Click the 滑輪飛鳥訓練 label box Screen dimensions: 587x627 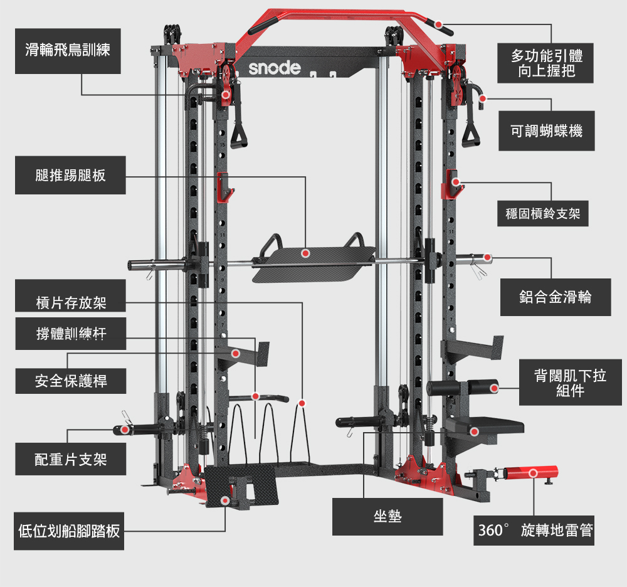click(68, 50)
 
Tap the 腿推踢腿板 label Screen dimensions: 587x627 click(70, 175)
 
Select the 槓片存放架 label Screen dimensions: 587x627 click(70, 304)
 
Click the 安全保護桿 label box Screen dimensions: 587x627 click(70, 381)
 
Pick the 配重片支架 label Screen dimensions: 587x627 click(70, 460)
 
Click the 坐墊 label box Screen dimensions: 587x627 click(387, 516)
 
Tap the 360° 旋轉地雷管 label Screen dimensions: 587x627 click(534, 531)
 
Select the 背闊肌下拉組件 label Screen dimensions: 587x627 click(571, 383)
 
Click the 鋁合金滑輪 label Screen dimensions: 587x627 click(556, 297)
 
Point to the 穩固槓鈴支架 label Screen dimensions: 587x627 click(543, 214)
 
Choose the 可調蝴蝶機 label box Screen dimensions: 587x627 click(546, 130)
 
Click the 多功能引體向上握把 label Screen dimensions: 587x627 click(546, 63)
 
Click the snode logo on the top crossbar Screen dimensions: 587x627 click(275, 68)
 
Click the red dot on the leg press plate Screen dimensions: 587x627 click(305, 253)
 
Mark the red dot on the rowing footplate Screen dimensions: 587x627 click(225, 500)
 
